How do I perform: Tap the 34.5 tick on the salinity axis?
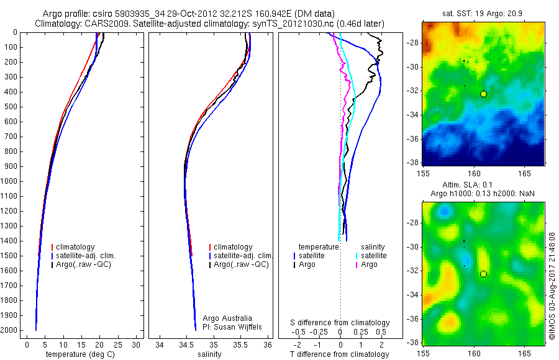point(186,344)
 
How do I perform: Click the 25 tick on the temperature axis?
point(118,344)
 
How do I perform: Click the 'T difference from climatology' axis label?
point(339,354)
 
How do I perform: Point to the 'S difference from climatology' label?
point(340,323)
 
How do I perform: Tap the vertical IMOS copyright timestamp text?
point(552,286)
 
